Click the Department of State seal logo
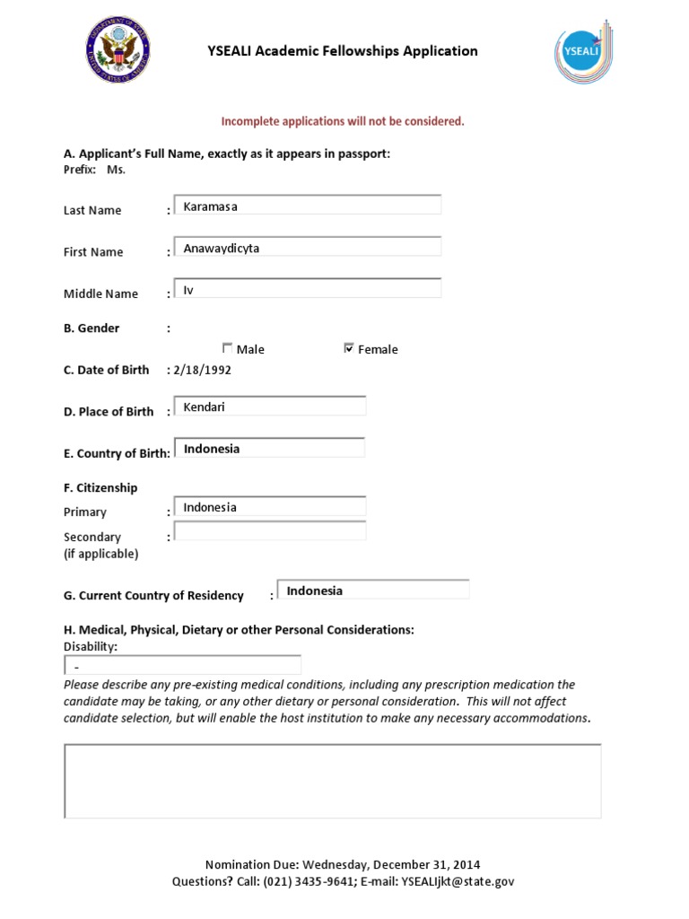(118, 51)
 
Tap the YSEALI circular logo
(581, 51)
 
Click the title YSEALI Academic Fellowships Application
(343, 51)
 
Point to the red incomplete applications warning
(343, 121)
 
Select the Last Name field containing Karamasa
(307, 206)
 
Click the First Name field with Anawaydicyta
(307, 248)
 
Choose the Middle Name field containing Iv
(307, 289)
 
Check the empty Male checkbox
(227, 348)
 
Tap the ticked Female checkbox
(349, 348)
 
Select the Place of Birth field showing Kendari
(269, 407)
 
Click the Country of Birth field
(269, 448)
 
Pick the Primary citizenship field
(269, 507)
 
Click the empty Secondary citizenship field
(269, 531)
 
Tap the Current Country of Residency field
(373, 591)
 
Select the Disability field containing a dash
(183, 666)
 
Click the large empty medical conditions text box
(332, 781)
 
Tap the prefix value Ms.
(116, 170)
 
